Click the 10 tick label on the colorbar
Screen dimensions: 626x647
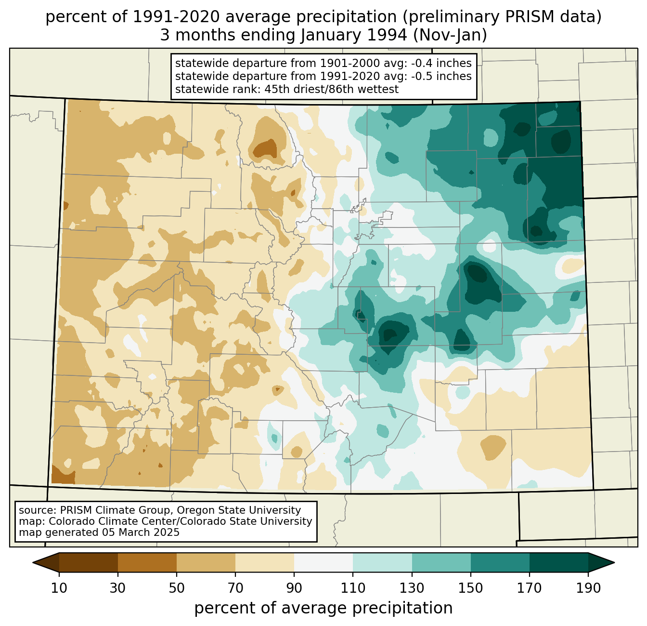click(59, 588)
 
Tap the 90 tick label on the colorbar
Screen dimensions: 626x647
click(294, 588)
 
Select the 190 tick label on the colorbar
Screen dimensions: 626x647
click(588, 588)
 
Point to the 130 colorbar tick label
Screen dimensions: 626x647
click(412, 588)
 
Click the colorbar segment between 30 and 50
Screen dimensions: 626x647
click(147, 562)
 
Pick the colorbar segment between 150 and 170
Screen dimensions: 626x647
click(500, 562)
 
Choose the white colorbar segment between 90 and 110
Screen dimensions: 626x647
click(323, 562)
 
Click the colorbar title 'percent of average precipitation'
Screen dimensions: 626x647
click(323, 608)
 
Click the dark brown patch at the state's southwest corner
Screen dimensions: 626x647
click(63, 475)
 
